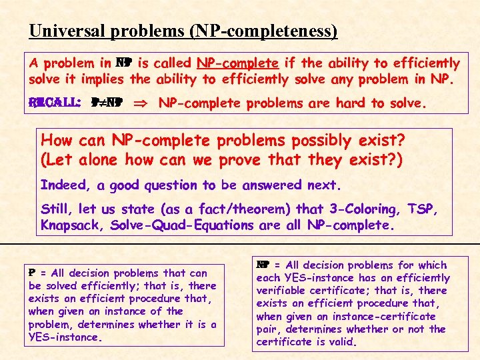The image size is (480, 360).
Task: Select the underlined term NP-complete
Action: pyautogui.click(x=237, y=64)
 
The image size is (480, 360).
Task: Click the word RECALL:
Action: pyautogui.click(x=45, y=103)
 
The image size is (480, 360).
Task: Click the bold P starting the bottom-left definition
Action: pyautogui.click(x=31, y=273)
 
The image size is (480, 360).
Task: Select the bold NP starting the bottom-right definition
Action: pyautogui.click(x=262, y=265)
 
